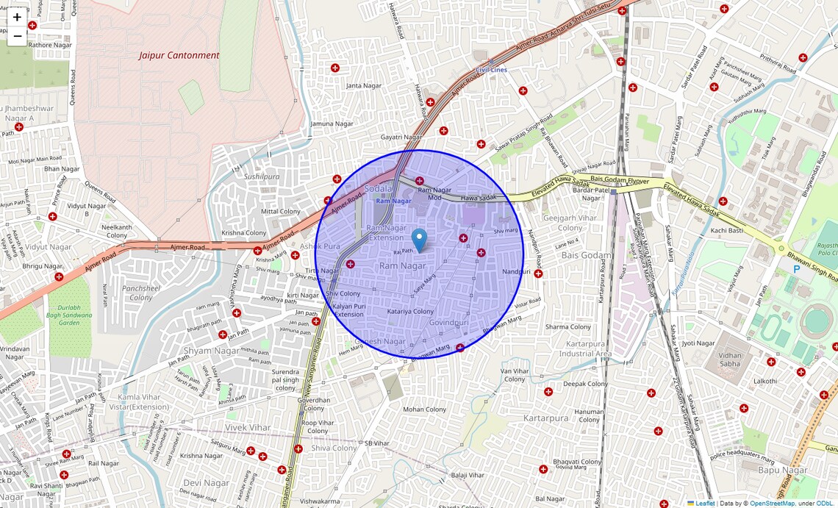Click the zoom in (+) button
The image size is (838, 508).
tap(17, 17)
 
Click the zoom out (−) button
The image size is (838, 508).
tap(17, 35)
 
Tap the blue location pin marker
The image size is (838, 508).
tap(419, 240)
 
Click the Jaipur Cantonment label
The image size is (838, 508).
tap(179, 55)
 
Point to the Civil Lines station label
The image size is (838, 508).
tap(491, 70)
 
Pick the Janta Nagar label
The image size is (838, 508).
tap(364, 86)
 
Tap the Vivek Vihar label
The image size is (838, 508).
tap(248, 427)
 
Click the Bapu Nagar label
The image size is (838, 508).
tap(783, 470)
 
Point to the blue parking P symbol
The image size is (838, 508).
tap(796, 270)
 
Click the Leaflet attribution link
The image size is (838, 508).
tap(705, 504)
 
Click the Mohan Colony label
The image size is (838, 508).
tap(424, 409)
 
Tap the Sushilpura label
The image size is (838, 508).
tap(262, 177)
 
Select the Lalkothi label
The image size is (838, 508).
tap(764, 381)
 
